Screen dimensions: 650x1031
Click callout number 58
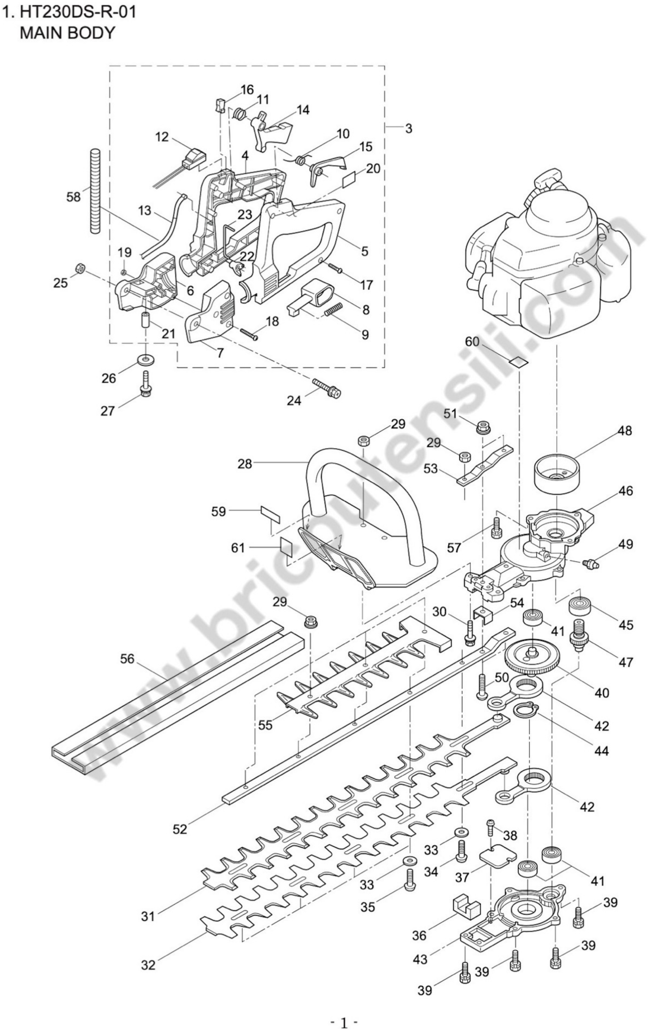point(73,197)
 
